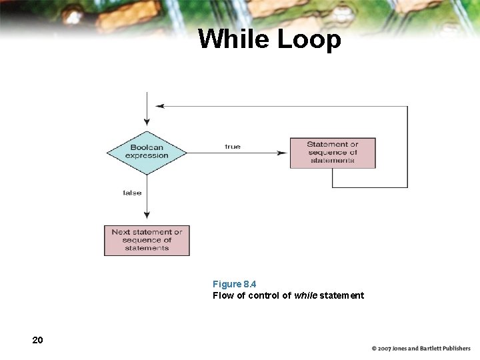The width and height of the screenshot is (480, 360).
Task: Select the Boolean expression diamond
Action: pos(147,152)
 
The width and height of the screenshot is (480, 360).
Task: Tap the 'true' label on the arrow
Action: pos(233,146)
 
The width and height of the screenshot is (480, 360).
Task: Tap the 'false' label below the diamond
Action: pos(132,193)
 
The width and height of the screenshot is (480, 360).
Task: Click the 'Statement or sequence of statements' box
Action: pos(333,153)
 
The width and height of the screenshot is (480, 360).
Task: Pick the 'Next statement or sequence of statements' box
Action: pos(147,240)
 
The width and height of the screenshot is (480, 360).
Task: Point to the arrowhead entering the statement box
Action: pos(285,153)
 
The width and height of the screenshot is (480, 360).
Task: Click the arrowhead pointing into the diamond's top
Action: pos(147,123)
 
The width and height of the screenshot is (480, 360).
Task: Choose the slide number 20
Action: pos(37,340)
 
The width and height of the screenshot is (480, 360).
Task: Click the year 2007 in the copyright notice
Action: pos(384,349)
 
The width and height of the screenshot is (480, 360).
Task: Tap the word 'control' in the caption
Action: pos(263,295)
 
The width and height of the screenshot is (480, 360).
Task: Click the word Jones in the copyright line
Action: pos(402,349)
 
